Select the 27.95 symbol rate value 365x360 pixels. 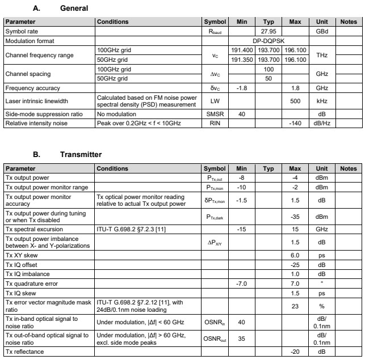click(x=268, y=32)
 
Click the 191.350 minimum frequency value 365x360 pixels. click(x=241, y=59)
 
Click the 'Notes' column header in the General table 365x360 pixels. click(x=347, y=22)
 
